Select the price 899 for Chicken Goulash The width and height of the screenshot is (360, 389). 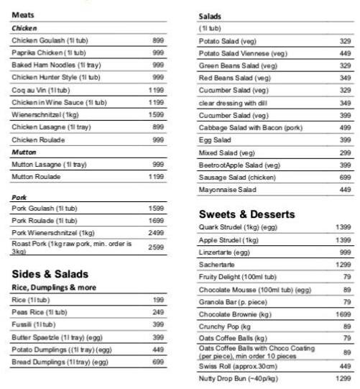pos(158,40)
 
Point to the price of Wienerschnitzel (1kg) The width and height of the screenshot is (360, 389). pos(156,114)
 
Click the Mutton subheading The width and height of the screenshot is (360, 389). pos(24,152)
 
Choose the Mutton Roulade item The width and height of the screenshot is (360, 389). pos(36,176)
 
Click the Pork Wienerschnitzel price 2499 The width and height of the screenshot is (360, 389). pos(156,232)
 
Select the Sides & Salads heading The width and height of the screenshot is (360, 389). pos(50,274)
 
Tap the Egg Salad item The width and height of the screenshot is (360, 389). pos(215,139)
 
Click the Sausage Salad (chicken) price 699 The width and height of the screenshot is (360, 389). pos(345,177)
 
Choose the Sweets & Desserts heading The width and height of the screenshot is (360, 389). pos(246,214)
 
